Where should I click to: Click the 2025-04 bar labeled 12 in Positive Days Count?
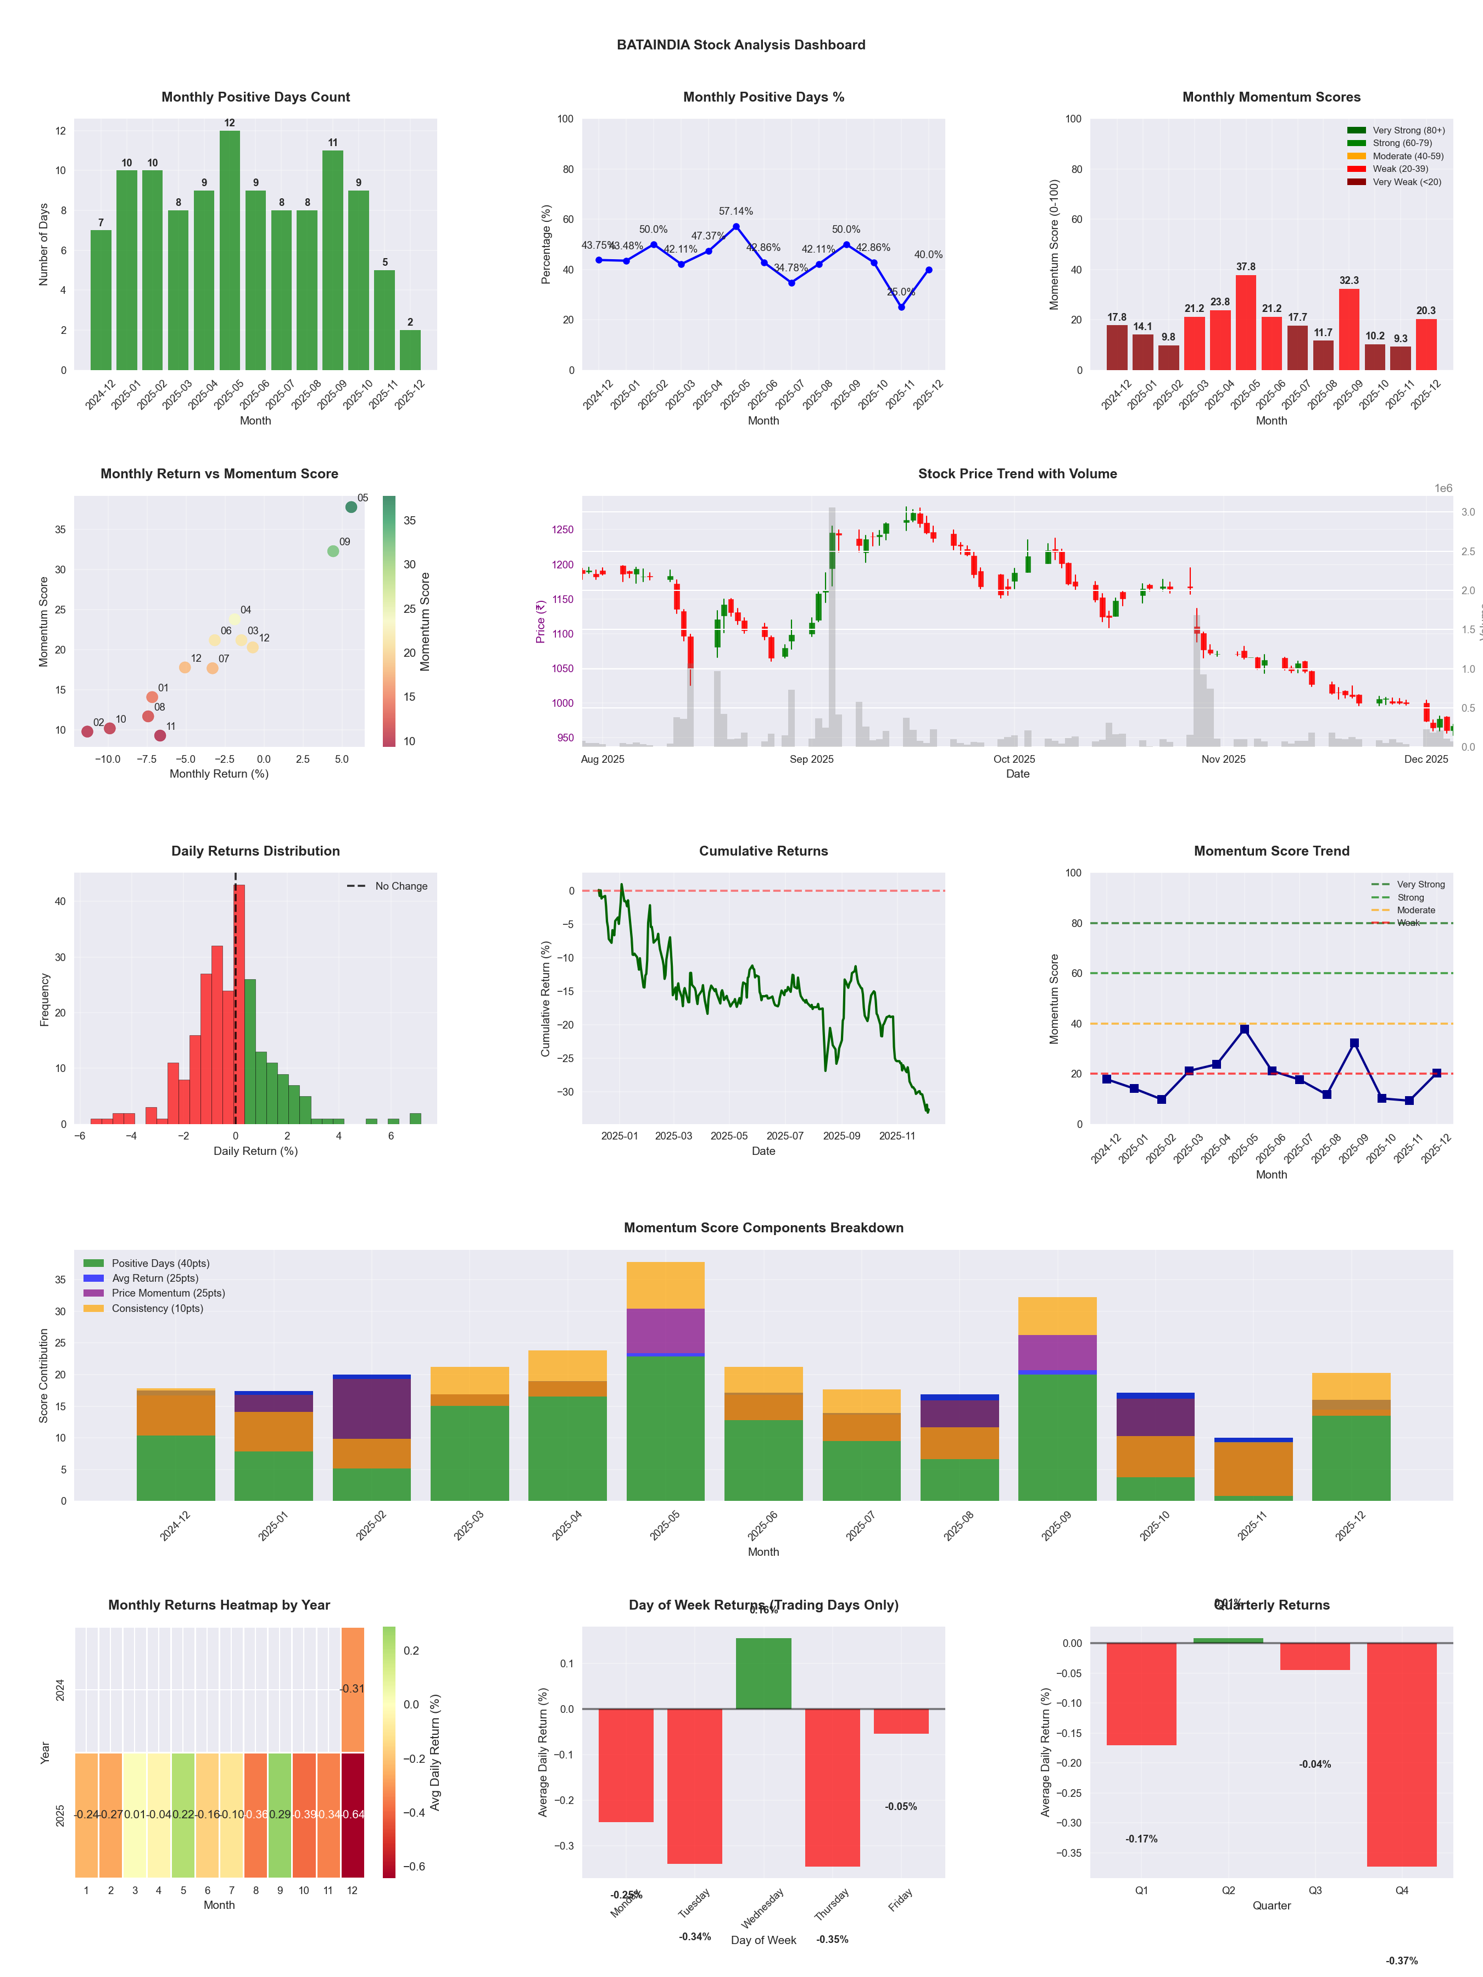point(230,250)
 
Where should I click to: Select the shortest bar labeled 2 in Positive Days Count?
point(410,350)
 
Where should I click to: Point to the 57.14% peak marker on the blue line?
point(735,227)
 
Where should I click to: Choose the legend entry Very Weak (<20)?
point(1406,182)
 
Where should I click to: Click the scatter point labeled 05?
point(352,507)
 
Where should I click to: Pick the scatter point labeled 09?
point(333,551)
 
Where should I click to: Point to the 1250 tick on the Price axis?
point(562,530)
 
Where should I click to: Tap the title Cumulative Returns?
point(763,851)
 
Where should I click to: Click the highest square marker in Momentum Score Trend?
point(1244,1030)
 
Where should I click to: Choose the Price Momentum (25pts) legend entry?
point(168,1293)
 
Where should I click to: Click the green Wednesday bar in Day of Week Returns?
point(763,1673)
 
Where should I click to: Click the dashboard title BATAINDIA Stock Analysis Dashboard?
point(741,44)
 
